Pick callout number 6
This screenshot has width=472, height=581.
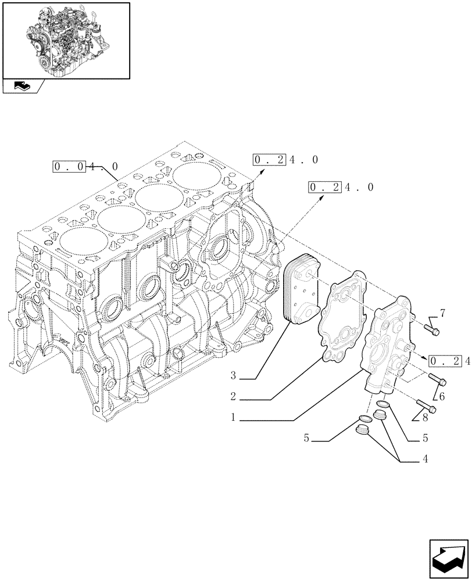pyautogui.click(x=442, y=397)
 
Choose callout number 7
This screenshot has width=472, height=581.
pyautogui.click(x=442, y=314)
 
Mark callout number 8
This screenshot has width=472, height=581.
pyautogui.click(x=425, y=417)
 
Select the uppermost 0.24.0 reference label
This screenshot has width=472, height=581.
pyautogui.click(x=285, y=159)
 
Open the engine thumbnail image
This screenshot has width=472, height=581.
pyautogui.click(x=66, y=40)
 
